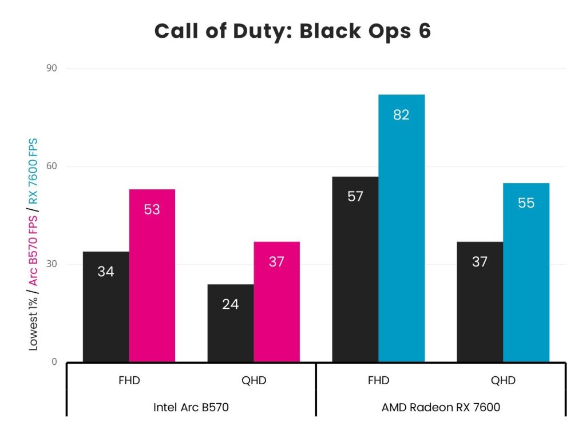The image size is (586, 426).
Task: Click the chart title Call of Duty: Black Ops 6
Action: click(292, 31)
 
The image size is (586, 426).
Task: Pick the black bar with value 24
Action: click(231, 323)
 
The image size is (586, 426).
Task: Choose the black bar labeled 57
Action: click(355, 269)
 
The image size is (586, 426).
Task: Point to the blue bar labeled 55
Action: click(526, 272)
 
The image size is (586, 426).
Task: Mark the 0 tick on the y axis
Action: click(54, 362)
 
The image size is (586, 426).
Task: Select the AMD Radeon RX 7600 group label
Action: click(441, 408)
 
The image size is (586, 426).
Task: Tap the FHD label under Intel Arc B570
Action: click(129, 381)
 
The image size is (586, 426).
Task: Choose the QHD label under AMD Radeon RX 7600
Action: click(503, 381)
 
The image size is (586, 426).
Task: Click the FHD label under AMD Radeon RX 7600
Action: click(378, 381)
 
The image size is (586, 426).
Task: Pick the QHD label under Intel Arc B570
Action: click(254, 381)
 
